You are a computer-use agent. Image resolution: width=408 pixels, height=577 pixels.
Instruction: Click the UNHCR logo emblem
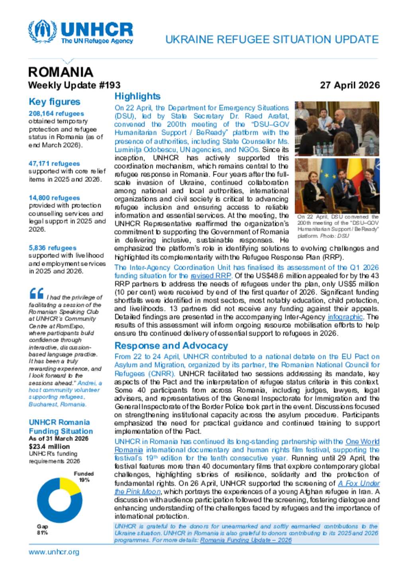click(42, 31)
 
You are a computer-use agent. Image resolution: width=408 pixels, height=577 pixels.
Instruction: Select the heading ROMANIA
click(61, 72)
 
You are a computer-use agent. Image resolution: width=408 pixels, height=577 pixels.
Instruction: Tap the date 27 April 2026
click(349, 85)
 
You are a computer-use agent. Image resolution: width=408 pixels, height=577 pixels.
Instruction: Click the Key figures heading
click(54, 102)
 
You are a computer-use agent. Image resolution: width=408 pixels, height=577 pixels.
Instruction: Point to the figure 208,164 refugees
click(56, 113)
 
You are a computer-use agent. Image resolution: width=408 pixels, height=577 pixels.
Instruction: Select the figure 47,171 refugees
click(54, 164)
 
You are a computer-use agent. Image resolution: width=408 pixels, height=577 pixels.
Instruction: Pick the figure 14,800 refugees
click(54, 198)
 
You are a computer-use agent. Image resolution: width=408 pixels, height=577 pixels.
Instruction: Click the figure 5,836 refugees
click(52, 248)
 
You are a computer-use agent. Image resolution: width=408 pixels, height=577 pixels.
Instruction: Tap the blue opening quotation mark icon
click(36, 294)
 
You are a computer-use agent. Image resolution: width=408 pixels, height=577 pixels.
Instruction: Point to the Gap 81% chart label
click(42, 529)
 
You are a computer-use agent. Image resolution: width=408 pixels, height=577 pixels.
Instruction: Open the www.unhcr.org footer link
click(54, 552)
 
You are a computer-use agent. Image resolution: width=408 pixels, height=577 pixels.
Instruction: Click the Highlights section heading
click(137, 96)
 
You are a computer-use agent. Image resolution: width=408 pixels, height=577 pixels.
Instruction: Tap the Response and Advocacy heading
click(171, 346)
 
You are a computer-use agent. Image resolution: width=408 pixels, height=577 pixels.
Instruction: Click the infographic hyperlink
click(345, 317)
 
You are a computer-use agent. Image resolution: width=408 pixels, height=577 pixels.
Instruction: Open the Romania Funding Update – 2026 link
click(245, 540)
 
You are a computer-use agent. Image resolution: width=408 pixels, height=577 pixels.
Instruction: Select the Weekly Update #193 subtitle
click(74, 85)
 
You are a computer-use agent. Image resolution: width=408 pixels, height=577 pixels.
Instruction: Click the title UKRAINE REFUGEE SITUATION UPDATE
click(272, 39)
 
